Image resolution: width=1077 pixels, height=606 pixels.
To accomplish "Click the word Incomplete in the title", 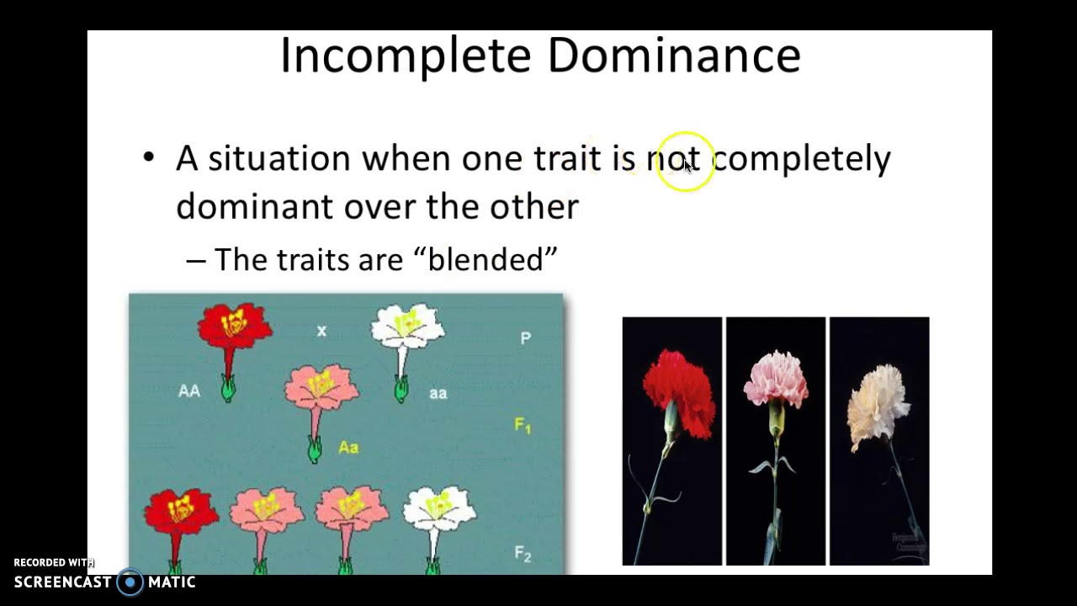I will (x=406, y=56).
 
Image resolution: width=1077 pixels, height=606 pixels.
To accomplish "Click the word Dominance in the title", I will (x=673, y=55).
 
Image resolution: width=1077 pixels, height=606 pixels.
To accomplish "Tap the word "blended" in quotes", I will (x=492, y=259).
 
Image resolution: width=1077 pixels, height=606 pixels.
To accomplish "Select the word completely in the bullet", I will (x=801, y=159).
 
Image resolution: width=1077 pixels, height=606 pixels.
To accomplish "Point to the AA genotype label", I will (x=189, y=391).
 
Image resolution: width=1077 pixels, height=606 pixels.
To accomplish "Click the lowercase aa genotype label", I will (x=438, y=393).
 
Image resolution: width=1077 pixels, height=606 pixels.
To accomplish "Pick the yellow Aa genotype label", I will (x=348, y=448).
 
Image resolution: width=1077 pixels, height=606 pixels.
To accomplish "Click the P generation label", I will (x=526, y=338).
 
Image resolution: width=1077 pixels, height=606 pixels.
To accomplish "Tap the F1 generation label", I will (x=523, y=426).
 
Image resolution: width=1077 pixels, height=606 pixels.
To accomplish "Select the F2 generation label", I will (x=523, y=554).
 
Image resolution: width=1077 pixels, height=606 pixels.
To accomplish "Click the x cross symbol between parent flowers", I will (x=321, y=332).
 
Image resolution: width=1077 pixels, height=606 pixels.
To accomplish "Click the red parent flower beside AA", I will (x=234, y=326).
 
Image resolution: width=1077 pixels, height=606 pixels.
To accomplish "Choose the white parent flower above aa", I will (x=408, y=327).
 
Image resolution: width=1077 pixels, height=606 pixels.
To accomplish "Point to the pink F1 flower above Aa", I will (x=321, y=389).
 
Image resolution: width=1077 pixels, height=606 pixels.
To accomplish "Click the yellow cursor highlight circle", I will (x=685, y=162).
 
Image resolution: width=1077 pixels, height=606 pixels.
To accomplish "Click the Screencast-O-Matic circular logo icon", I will (x=130, y=582).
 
